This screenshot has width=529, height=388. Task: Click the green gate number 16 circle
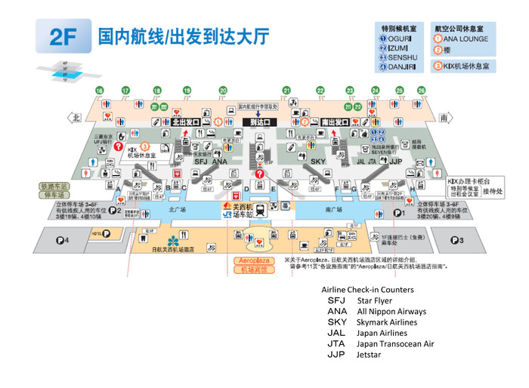pyautogui.click(x=99, y=91)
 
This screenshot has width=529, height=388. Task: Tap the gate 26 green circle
pyautogui.click(x=421, y=91)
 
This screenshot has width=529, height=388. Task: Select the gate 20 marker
pyautogui.click(x=223, y=91)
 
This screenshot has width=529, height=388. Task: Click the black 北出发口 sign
pyautogui.click(x=186, y=121)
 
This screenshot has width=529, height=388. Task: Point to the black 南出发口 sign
pyautogui.click(x=335, y=121)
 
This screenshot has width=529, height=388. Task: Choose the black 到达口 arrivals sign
pyautogui.click(x=260, y=121)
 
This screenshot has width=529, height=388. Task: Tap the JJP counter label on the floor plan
pyautogui.click(x=395, y=162)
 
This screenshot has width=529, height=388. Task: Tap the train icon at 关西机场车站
pyautogui.click(x=259, y=211)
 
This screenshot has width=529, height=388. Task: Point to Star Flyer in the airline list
pyautogui.click(x=374, y=301)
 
